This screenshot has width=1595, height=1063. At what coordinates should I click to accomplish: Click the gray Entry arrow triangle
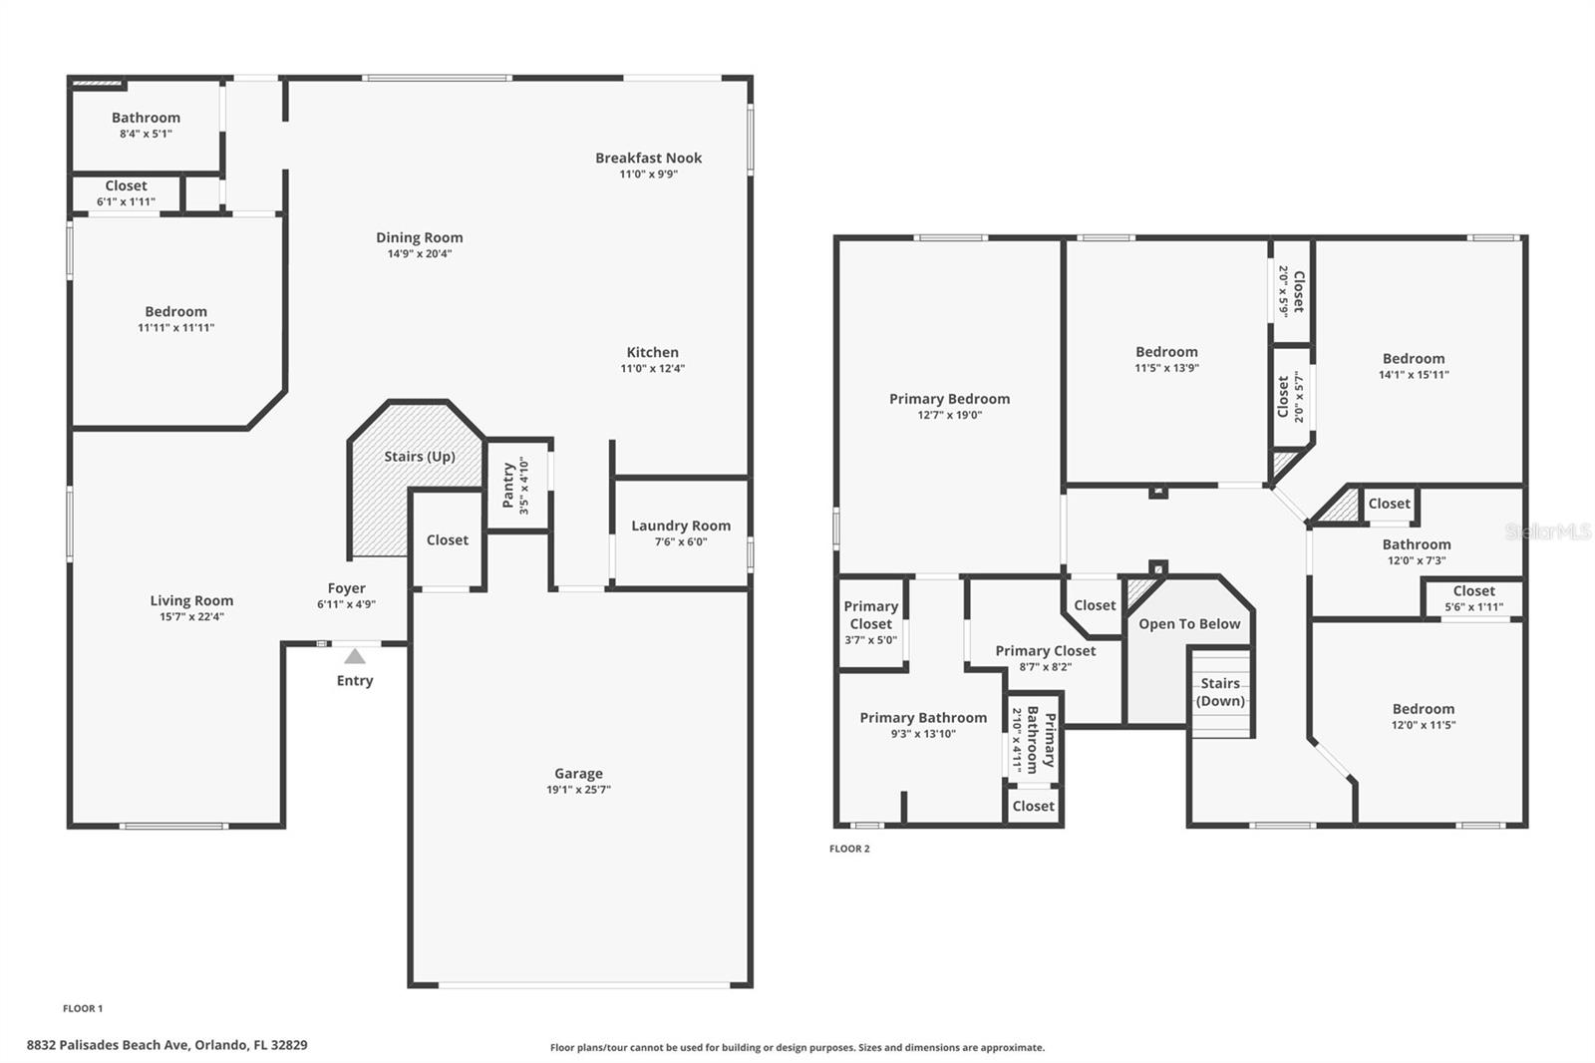(355, 657)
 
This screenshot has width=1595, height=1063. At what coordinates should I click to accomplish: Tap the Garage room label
(578, 773)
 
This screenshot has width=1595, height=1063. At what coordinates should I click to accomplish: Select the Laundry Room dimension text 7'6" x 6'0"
(681, 541)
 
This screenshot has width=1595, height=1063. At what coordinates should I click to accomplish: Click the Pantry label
(508, 486)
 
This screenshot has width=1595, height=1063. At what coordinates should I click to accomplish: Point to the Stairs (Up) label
(420, 457)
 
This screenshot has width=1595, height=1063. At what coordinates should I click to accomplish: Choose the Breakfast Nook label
(649, 158)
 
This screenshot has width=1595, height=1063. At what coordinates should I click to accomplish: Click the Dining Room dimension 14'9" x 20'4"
(420, 253)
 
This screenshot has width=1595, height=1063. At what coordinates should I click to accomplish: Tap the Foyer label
(347, 588)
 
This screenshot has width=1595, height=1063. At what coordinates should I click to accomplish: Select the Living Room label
(191, 600)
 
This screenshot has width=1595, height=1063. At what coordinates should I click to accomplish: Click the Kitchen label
(652, 352)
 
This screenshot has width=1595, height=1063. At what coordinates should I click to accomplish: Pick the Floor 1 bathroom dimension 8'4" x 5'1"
(146, 134)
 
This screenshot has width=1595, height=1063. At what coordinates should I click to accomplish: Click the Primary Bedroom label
(949, 399)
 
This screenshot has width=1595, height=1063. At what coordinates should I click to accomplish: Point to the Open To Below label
(1189, 624)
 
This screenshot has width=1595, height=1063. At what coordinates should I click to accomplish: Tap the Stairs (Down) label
(1220, 692)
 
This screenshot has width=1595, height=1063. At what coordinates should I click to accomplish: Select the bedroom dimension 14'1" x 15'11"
(1414, 375)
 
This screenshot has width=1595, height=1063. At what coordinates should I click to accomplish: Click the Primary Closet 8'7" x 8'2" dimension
(1046, 667)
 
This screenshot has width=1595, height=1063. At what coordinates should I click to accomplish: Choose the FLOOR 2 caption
(849, 849)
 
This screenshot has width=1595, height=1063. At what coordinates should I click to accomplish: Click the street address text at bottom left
(167, 1045)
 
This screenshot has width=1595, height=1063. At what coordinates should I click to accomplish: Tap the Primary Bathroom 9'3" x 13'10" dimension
(923, 734)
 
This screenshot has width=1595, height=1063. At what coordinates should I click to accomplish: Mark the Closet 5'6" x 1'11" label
(1474, 591)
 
